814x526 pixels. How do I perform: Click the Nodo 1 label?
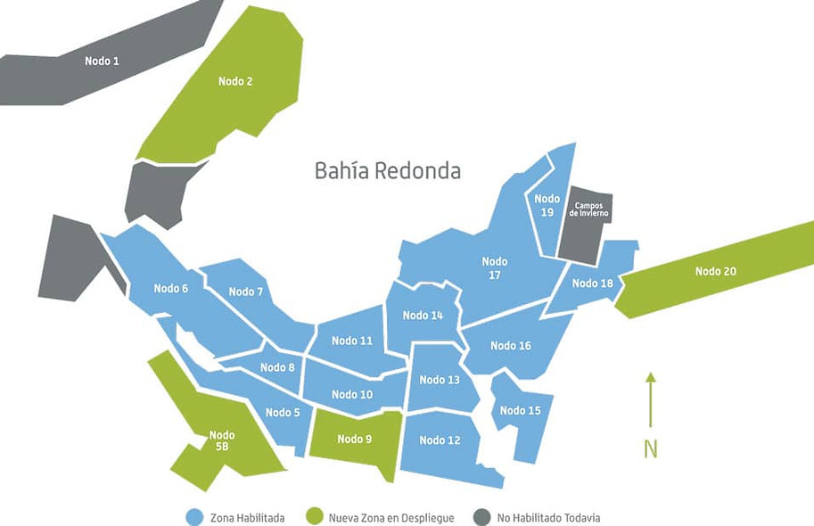(102, 61)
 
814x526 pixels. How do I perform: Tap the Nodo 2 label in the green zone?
(235, 81)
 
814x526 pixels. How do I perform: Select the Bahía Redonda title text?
(388, 170)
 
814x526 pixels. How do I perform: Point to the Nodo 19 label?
(547, 205)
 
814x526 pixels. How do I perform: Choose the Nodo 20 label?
(715, 271)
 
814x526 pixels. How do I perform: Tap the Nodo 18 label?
(592, 284)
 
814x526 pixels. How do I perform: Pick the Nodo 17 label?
(495, 268)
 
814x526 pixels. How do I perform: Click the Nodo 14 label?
(423, 315)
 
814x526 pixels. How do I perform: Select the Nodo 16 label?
(511, 345)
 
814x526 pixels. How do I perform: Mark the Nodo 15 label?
(520, 410)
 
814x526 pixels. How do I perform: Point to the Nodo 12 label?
(440, 440)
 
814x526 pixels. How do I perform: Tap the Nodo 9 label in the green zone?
(355, 439)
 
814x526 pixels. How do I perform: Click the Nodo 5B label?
(222, 440)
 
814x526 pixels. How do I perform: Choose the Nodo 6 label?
(171, 288)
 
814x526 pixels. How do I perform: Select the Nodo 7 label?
(246, 292)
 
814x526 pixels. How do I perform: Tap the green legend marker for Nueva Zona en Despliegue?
(313, 517)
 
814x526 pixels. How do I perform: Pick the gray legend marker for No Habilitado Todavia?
(482, 517)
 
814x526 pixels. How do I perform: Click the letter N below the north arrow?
(651, 448)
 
